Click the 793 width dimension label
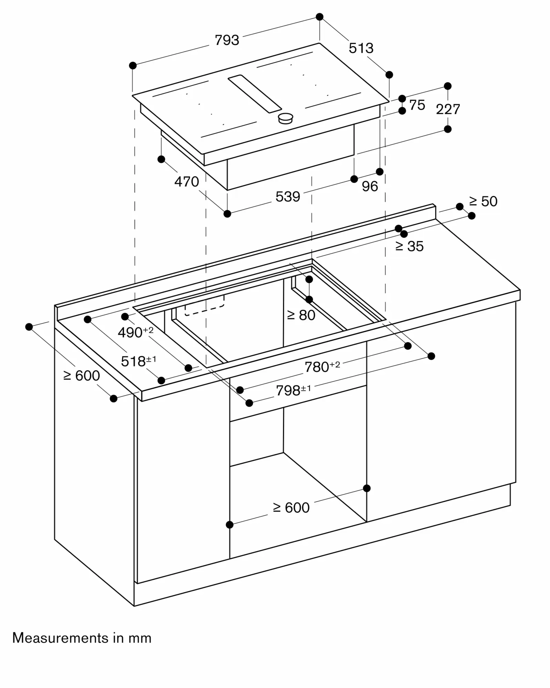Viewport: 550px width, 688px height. point(226,40)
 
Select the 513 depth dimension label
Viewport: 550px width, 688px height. point(361,48)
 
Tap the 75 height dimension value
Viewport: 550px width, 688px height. point(417,105)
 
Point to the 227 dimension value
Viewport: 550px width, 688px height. point(447,109)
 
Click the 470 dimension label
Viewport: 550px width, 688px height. point(186,182)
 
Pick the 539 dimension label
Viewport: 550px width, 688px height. point(287,196)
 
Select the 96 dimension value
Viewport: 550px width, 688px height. point(370,186)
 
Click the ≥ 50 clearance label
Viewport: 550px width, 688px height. point(483,201)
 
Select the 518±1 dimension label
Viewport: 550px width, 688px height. point(138,361)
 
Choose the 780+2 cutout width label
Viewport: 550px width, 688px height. point(322,367)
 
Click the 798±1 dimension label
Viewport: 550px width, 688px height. point(293,390)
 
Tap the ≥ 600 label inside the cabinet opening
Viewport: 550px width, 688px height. point(291,507)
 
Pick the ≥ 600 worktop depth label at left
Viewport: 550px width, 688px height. point(82,375)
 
